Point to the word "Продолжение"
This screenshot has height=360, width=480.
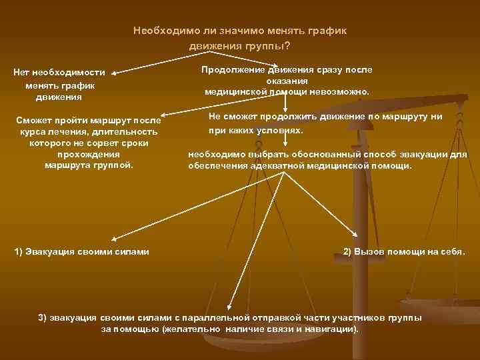[233, 69]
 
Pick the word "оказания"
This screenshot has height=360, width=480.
[287, 81]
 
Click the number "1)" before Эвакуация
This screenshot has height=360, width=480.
[20, 251]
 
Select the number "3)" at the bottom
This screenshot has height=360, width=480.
[44, 317]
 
